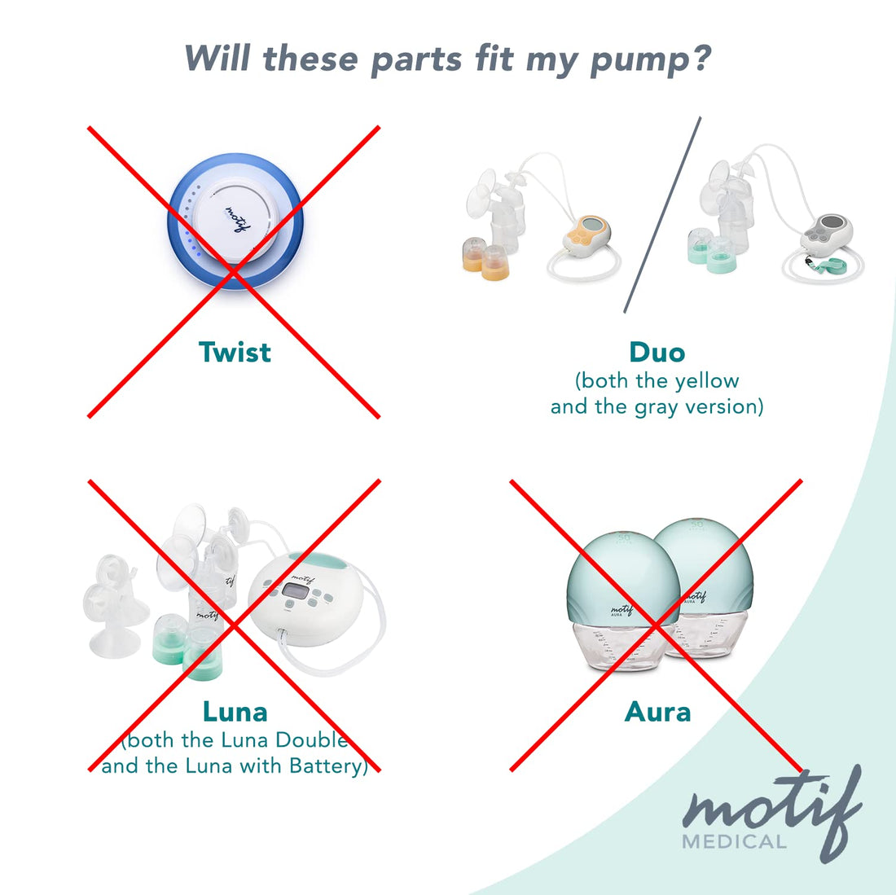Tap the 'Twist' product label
tap(235, 353)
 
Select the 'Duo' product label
tap(657, 353)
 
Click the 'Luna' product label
tap(235, 712)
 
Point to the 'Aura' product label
tap(657, 712)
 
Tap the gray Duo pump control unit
tap(825, 234)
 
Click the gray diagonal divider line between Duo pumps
tap(662, 214)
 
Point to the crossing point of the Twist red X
tap(234, 272)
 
